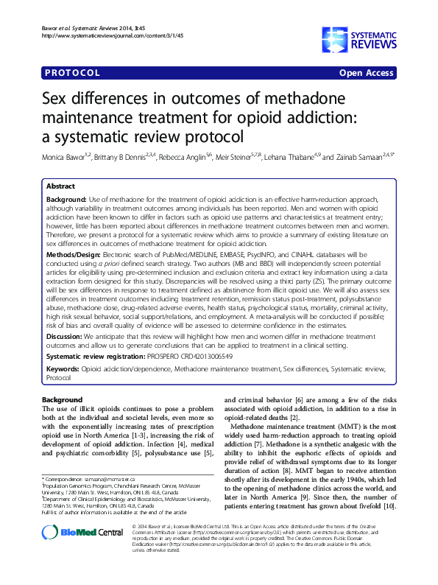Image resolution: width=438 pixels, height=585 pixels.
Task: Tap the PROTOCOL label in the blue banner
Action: point(72,73)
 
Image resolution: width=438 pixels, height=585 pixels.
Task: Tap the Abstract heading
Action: point(60,187)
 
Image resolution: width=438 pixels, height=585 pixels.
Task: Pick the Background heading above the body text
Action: point(62,399)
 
